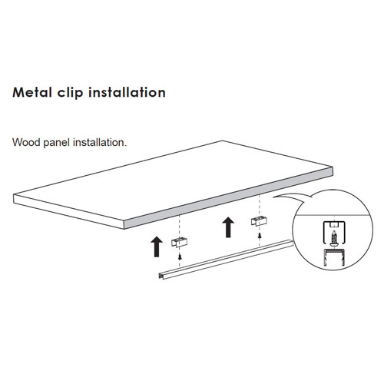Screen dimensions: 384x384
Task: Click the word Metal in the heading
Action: click(32, 92)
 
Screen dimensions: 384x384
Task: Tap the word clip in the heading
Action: click(70, 92)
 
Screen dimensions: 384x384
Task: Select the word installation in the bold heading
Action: click(127, 92)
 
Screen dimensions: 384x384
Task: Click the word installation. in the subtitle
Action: click(100, 142)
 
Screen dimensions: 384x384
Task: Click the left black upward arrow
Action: click(157, 247)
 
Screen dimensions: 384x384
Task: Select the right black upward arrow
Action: click(228, 227)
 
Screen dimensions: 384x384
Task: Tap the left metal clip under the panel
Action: click(179, 243)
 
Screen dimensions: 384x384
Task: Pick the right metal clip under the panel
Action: click(259, 221)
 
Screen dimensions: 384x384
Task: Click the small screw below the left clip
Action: click(180, 256)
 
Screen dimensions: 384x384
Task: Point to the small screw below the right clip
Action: click(260, 235)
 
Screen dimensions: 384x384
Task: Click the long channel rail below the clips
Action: click(226, 260)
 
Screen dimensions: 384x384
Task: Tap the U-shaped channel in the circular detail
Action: click(334, 257)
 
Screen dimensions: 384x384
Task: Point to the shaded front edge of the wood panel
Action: click(228, 199)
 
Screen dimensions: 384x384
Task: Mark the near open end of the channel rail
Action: click(161, 276)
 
